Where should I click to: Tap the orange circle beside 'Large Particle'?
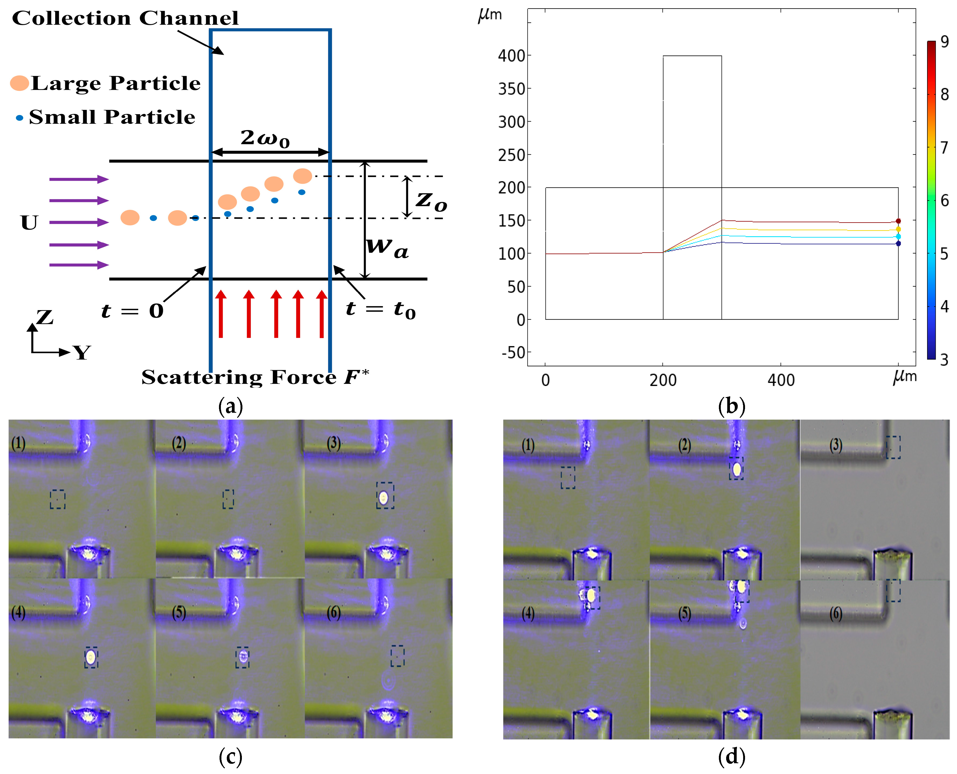pyautogui.click(x=20, y=83)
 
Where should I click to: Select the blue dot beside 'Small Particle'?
pyautogui.click(x=19, y=118)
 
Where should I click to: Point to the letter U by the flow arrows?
pyautogui.click(x=29, y=223)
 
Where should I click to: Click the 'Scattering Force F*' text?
pyautogui.click(x=255, y=377)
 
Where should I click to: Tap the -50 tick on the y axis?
pyautogui.click(x=513, y=353)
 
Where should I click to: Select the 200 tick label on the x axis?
pyautogui.click(x=663, y=380)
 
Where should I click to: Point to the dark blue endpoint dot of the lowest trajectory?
pyautogui.click(x=898, y=244)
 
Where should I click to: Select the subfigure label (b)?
pyautogui.click(x=732, y=406)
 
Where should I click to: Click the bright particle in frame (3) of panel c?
pyautogui.click(x=383, y=497)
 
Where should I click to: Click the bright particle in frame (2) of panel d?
pyautogui.click(x=737, y=469)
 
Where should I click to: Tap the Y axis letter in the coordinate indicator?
pyautogui.click(x=82, y=353)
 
